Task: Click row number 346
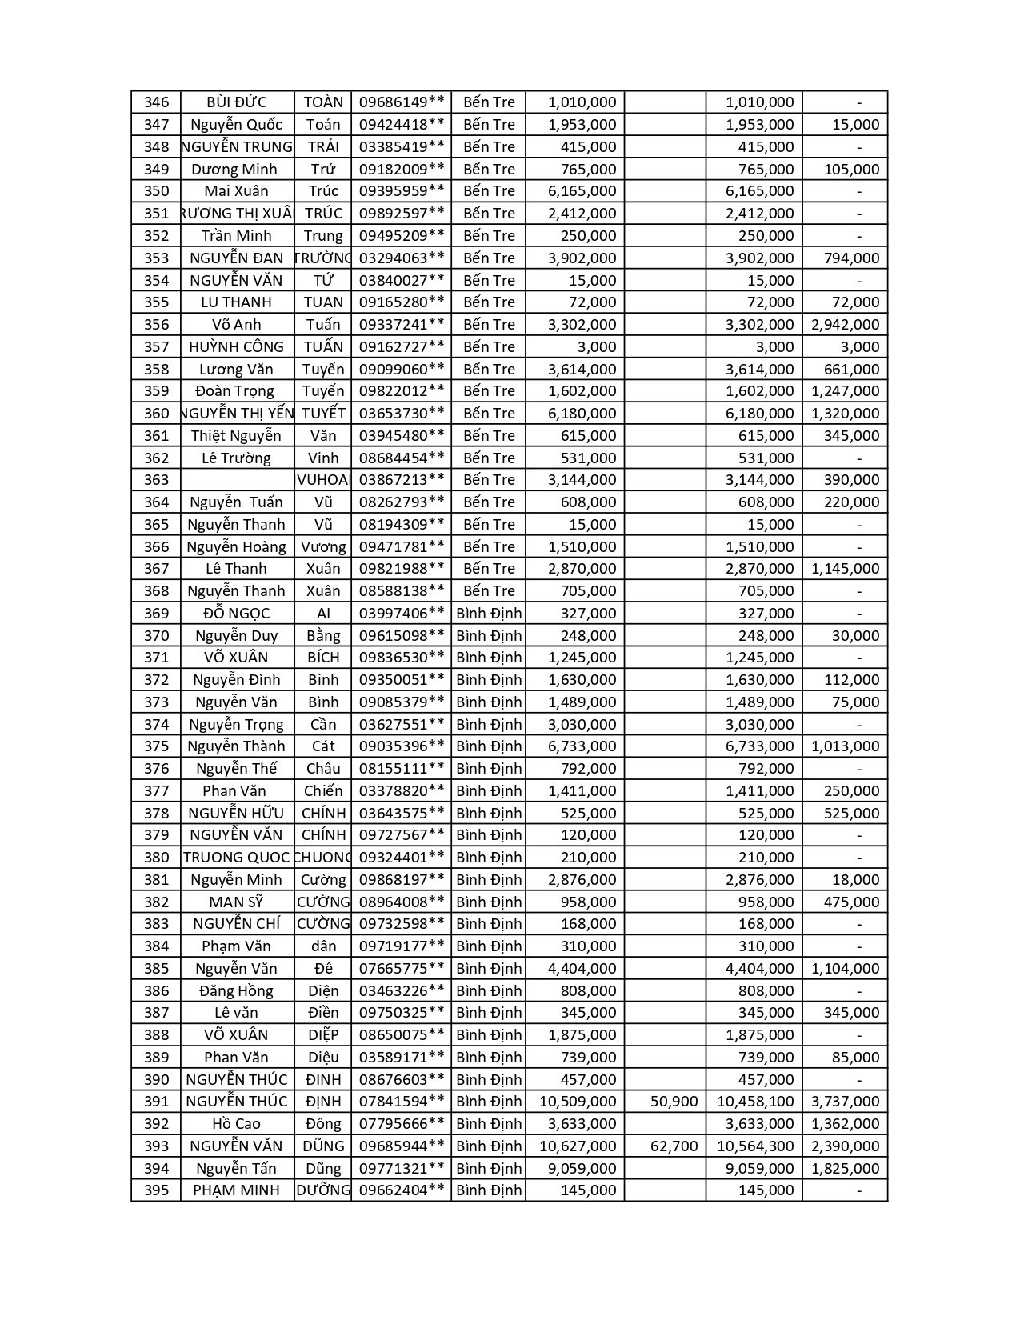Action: point(157,102)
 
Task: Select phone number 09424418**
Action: point(402,125)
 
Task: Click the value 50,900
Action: point(674,1102)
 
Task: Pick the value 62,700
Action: point(674,1146)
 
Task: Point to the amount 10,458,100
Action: point(755,1102)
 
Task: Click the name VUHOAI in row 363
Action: point(324,480)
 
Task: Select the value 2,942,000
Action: point(845,325)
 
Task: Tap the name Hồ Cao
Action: point(236,1124)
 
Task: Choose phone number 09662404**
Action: point(402,1190)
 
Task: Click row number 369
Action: point(157,614)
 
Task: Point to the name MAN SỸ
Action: point(236,902)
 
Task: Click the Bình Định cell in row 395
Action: point(489,1190)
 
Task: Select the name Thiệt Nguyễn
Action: point(236,436)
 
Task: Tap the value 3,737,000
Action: point(845,1102)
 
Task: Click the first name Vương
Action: point(323,547)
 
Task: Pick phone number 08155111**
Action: point(402,769)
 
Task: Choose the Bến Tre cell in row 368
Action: point(489,591)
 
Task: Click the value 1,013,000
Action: point(845,746)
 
